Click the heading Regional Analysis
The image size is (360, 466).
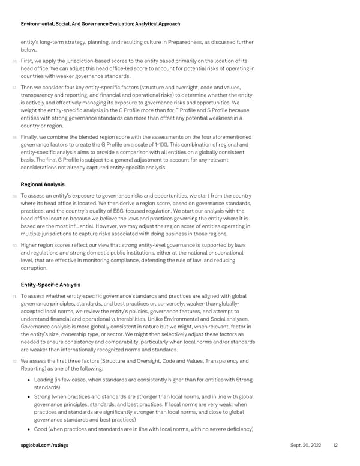click(x=43, y=184)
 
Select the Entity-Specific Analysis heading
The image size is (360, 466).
click(x=51, y=284)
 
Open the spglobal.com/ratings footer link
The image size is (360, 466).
click(x=44, y=445)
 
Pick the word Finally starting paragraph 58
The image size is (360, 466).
click(x=30, y=137)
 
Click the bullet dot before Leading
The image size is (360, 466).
click(x=29, y=380)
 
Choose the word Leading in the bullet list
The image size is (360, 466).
click(x=45, y=380)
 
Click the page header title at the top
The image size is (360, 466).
click(x=100, y=24)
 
